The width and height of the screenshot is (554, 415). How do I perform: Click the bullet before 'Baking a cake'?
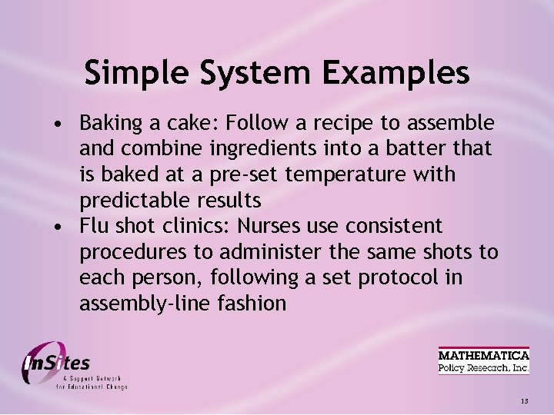click(58, 124)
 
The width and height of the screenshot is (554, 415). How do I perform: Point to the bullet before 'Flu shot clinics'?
click(58, 227)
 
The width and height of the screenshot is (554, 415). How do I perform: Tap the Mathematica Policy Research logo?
click(483, 361)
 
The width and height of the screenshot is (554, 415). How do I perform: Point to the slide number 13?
click(524, 401)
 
